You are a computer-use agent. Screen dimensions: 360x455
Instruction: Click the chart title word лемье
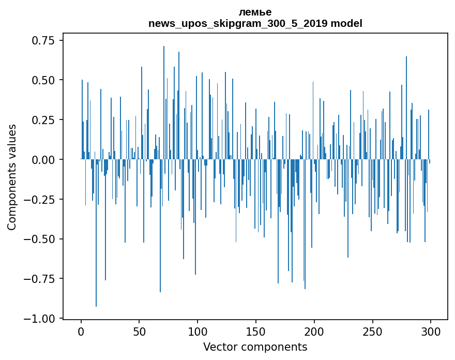pos(255,12)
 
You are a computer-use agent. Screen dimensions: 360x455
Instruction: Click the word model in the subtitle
pos(346,23)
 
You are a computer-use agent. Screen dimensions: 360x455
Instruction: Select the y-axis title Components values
pos(12,177)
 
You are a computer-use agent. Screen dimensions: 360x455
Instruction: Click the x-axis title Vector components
pos(255,347)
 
